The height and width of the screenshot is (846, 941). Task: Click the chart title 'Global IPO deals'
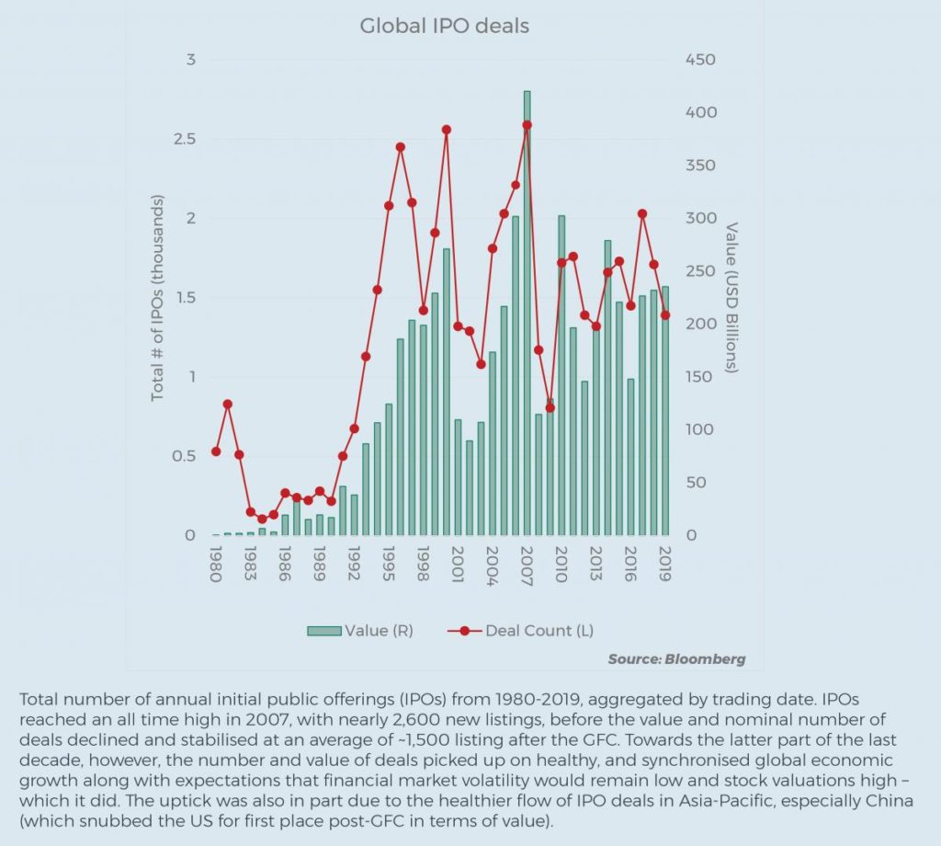[x=444, y=26]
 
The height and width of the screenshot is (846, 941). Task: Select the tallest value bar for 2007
[x=527, y=313]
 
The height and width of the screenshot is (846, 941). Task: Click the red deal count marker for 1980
[x=216, y=452]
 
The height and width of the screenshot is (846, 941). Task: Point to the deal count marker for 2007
[x=527, y=125]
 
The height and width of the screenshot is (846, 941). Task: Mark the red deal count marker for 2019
[x=664, y=315]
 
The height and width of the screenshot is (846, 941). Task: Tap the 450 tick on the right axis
[x=700, y=61]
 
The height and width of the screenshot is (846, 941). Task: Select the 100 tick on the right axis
[x=700, y=430]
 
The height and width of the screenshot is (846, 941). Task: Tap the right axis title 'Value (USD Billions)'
[x=731, y=297]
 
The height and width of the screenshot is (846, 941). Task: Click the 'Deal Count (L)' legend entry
[x=538, y=631]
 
